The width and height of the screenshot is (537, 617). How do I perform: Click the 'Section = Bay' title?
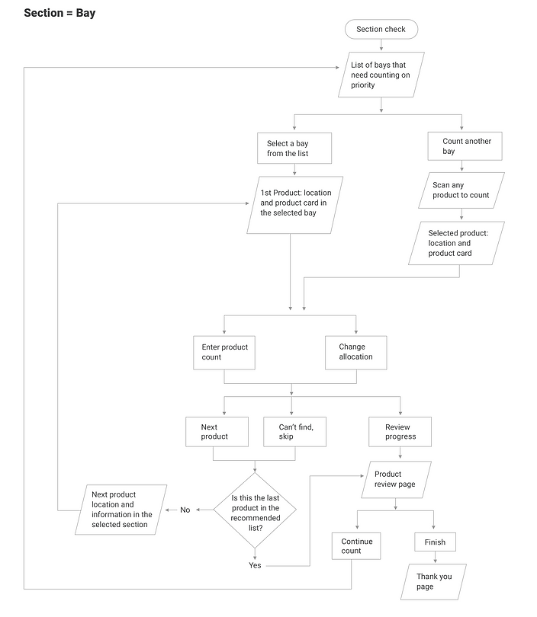coord(59,13)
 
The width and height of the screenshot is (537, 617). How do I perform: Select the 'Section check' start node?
coord(381,30)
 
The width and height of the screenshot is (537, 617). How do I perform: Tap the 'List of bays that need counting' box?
coord(381,75)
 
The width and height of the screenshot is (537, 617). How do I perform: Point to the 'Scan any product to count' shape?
coord(461,190)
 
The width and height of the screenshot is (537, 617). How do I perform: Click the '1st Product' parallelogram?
coord(294,204)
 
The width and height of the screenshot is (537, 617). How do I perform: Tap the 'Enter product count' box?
coord(224,352)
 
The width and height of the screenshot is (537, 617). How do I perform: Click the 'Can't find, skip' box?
coord(291,432)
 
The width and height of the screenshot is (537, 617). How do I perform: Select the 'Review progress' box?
coord(400,432)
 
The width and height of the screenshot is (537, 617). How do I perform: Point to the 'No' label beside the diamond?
coord(185,510)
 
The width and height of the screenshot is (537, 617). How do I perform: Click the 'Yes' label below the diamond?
coord(254,565)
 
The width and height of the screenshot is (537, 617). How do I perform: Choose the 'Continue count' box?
coord(352,546)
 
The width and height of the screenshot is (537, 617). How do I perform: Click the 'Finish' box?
coord(436,542)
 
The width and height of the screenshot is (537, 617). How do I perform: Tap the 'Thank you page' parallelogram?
coord(433,582)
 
